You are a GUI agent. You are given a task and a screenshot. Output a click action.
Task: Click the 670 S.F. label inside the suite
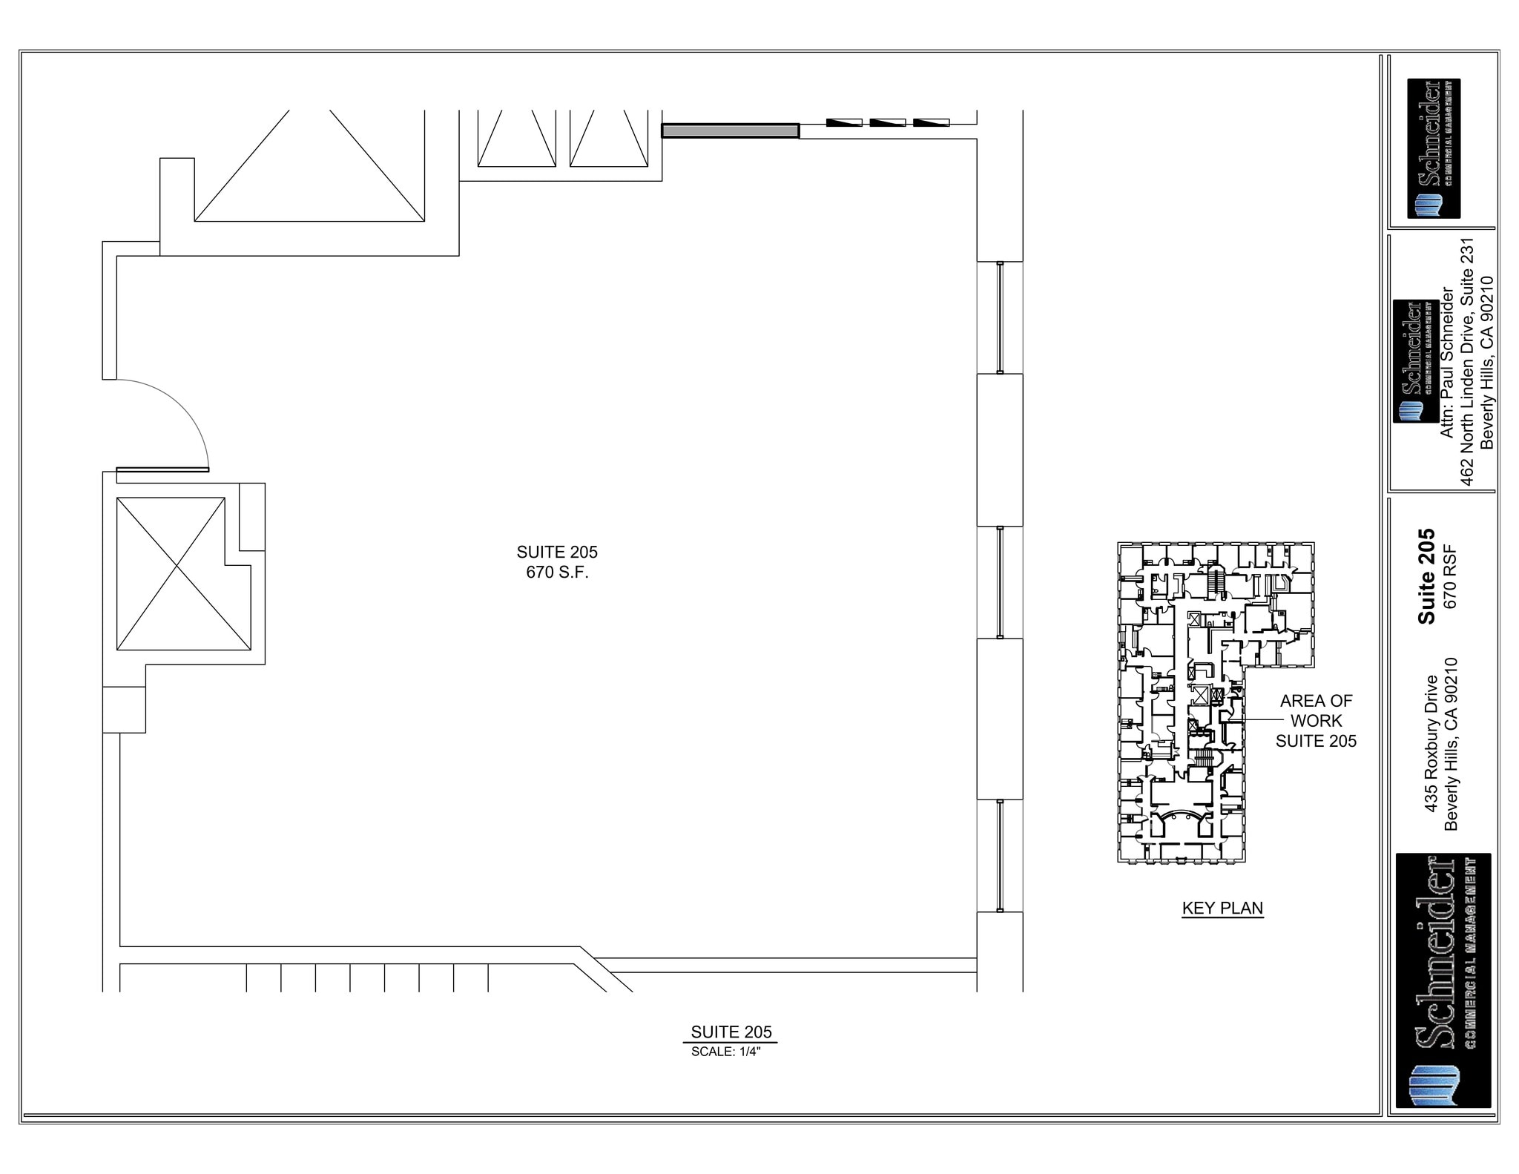click(557, 573)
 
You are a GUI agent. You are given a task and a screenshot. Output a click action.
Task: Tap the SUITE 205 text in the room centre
click(557, 552)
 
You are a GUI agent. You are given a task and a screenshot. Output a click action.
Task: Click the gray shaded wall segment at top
click(730, 131)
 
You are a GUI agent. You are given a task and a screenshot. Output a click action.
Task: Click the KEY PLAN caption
click(1222, 908)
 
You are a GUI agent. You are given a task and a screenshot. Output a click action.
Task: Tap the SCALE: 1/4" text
click(726, 1052)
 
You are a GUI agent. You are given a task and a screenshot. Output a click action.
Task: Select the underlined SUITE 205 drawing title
click(731, 1032)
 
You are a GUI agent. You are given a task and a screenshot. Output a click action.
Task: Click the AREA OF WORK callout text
click(1316, 720)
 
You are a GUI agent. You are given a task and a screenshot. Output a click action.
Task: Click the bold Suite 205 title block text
click(1426, 576)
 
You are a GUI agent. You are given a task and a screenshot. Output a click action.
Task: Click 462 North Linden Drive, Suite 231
click(1466, 362)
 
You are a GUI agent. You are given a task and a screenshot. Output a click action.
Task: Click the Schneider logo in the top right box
click(1434, 148)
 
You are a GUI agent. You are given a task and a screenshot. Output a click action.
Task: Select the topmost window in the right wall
click(999, 317)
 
